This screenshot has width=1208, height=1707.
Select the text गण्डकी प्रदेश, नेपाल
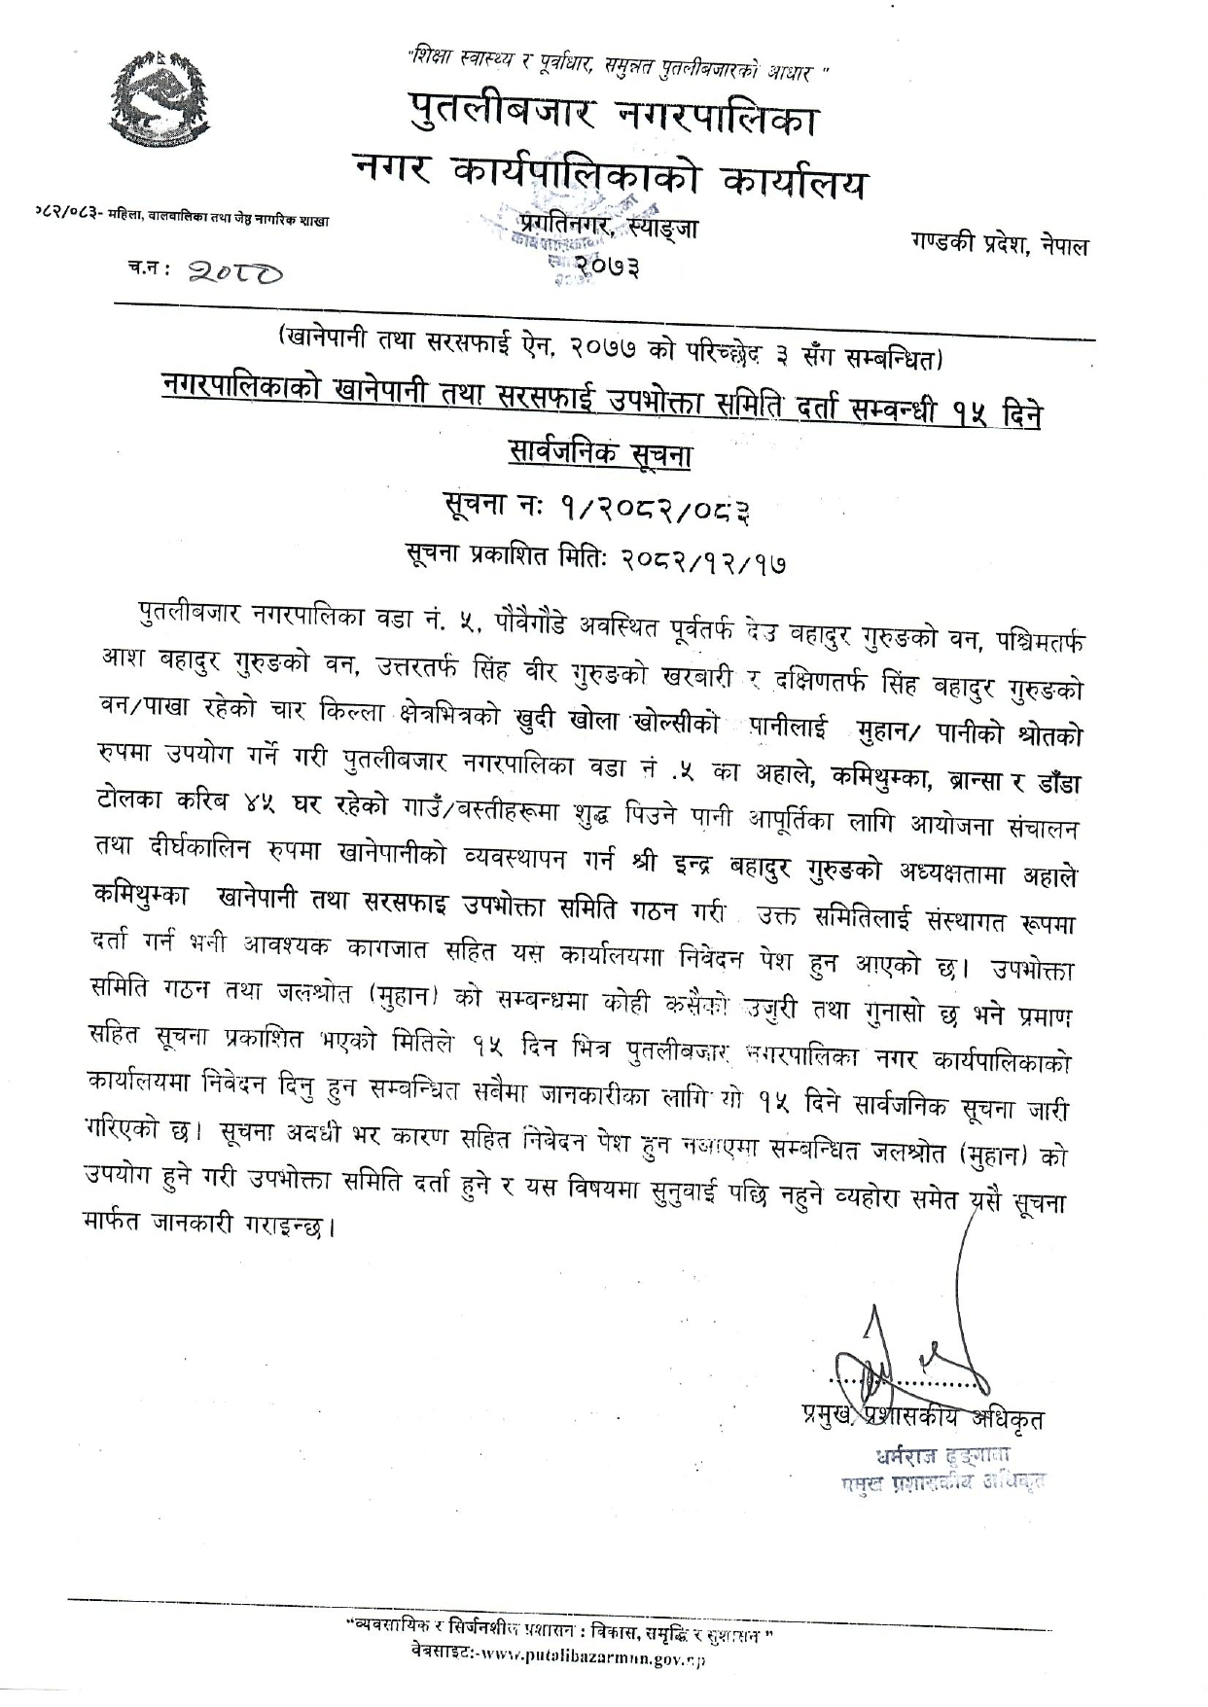click(1000, 244)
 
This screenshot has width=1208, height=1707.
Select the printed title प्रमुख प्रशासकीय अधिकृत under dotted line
click(916, 1417)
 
